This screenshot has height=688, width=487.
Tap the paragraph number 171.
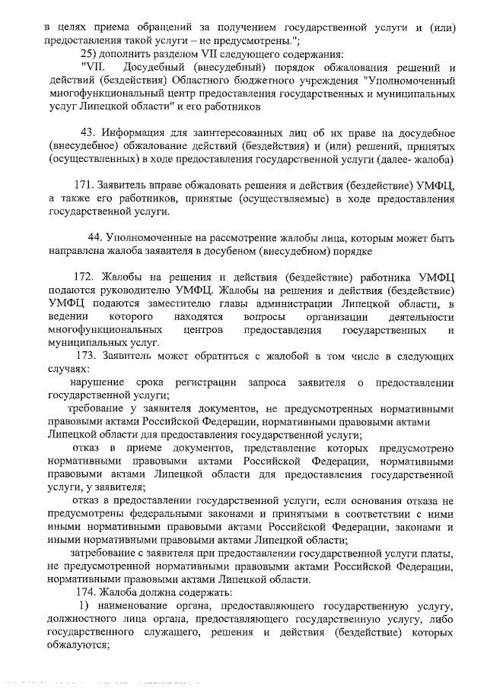(x=85, y=185)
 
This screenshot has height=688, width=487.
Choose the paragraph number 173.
(x=91, y=355)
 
